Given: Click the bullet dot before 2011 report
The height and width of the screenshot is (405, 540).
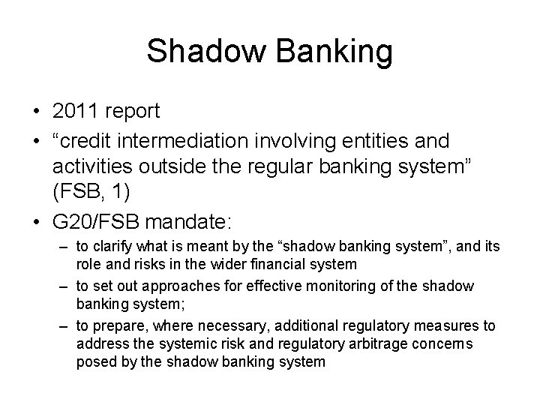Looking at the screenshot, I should [x=35, y=112].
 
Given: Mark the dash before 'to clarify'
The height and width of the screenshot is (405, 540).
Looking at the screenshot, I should [x=64, y=247].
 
